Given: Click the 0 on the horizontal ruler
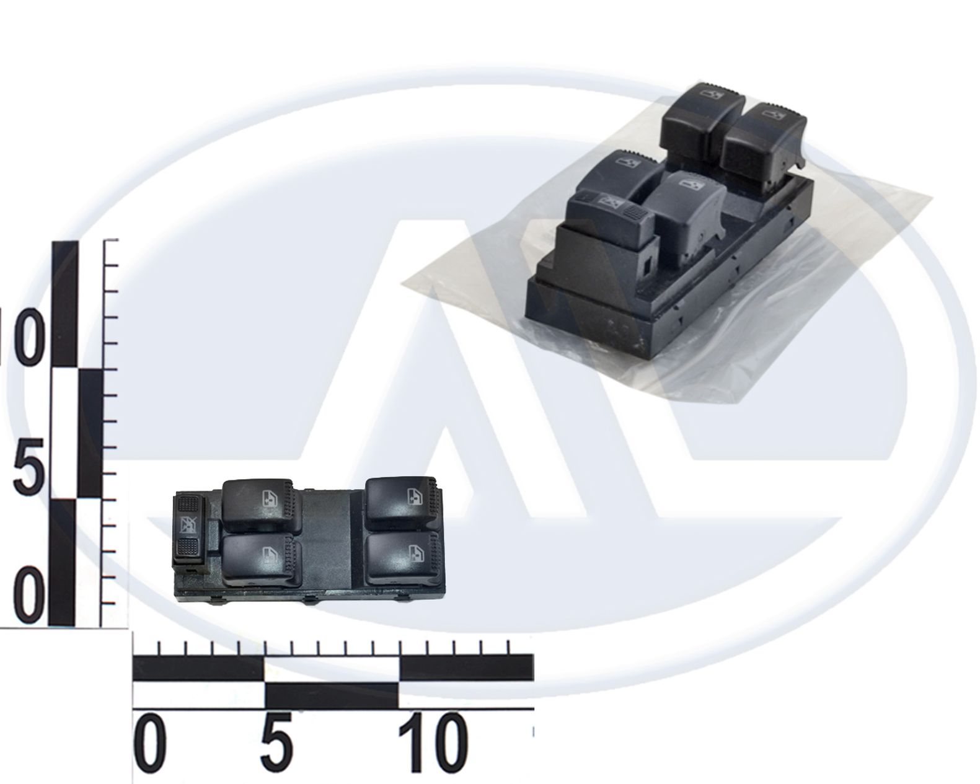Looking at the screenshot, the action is point(148,743).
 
